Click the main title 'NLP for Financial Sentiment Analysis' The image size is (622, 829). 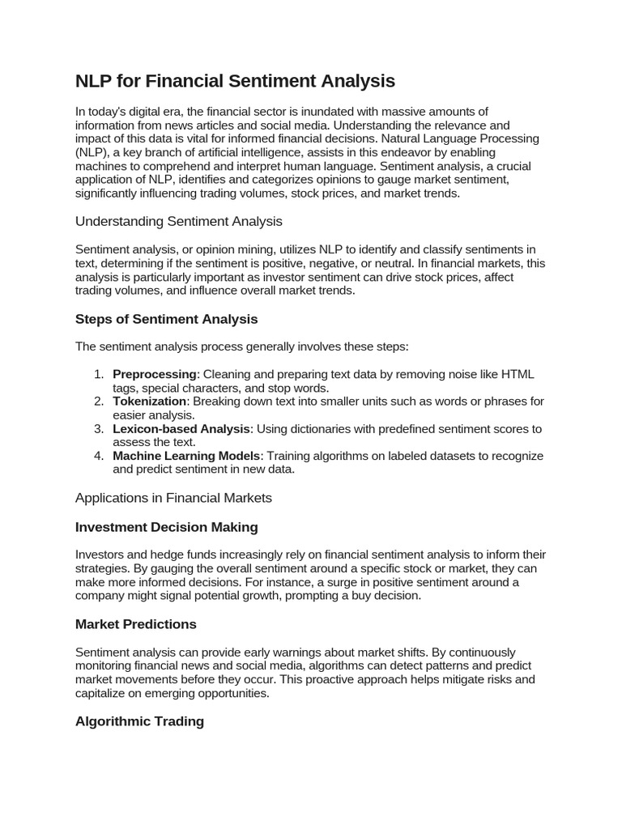click(x=235, y=81)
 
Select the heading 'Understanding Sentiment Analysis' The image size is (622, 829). click(x=178, y=221)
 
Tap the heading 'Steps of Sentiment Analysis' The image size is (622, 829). click(x=166, y=319)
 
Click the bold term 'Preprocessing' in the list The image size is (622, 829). click(x=154, y=374)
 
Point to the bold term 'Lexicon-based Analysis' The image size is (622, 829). click(x=181, y=429)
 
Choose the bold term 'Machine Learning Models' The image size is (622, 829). click(x=186, y=456)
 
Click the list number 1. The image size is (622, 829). click(x=98, y=374)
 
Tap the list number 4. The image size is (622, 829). click(x=98, y=456)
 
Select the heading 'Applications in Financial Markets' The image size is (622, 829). click(x=173, y=498)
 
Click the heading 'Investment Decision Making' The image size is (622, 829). click(x=166, y=527)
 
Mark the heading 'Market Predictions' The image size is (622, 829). click(x=135, y=624)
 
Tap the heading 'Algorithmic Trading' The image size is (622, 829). click(x=139, y=721)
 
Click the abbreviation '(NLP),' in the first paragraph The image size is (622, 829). click(x=94, y=152)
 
